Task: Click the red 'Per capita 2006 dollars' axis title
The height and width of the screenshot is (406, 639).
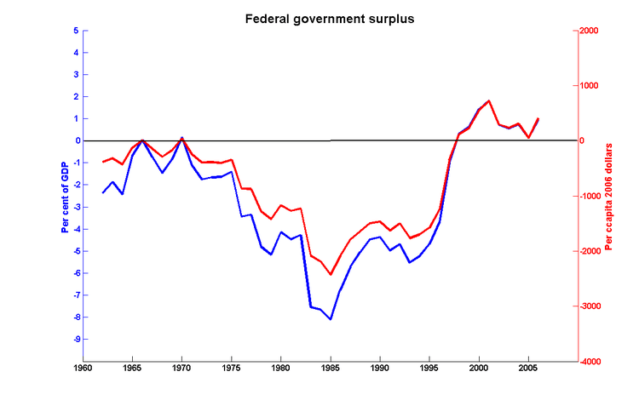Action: click(x=608, y=195)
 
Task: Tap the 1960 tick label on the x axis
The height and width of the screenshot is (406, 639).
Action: click(x=83, y=370)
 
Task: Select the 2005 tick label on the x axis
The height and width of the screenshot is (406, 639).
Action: click(x=528, y=370)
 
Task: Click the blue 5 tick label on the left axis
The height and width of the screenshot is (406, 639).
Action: click(x=76, y=31)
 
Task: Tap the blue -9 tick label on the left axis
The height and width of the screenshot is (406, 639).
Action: click(x=74, y=340)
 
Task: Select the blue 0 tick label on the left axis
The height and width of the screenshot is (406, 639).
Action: click(x=76, y=140)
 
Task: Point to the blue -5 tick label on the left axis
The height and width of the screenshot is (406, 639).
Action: click(x=74, y=251)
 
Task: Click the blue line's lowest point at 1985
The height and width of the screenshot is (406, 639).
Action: click(x=331, y=319)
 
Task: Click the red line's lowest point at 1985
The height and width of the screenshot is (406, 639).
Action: click(x=331, y=274)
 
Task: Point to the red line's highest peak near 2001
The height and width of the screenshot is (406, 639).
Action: click(x=488, y=100)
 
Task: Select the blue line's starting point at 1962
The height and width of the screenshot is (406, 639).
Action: click(x=103, y=192)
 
